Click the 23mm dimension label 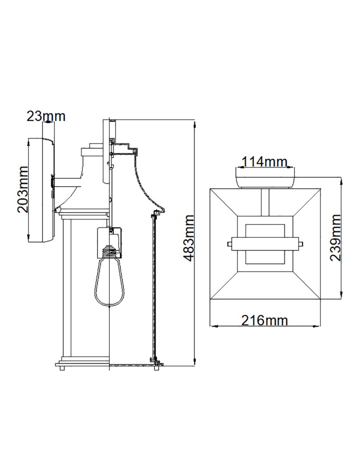click(46, 116)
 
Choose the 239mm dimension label click(335, 238)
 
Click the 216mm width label click(265, 320)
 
